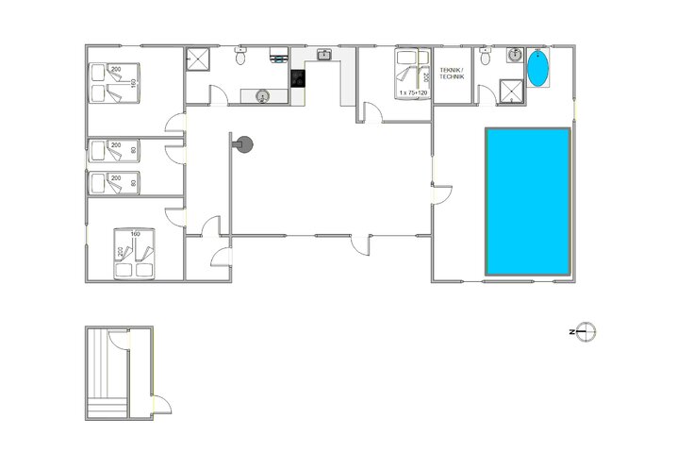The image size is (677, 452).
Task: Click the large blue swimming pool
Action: [528, 201]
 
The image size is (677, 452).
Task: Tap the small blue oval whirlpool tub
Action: [537, 70]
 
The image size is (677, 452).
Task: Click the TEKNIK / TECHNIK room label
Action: [454, 75]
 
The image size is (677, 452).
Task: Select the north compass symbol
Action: [586, 331]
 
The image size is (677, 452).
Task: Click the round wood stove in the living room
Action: [245, 144]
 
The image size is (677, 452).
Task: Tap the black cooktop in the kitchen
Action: [298, 78]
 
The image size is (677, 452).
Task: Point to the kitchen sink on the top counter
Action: [323, 55]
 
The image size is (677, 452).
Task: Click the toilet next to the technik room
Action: [485, 59]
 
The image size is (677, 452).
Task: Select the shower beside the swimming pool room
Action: [510, 91]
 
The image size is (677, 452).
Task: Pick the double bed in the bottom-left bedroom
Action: [133, 253]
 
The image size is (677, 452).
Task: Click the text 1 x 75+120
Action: [413, 93]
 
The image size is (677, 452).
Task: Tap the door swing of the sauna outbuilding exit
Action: [162, 405]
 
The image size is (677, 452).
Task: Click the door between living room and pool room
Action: [439, 193]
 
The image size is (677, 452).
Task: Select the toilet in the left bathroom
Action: [241, 58]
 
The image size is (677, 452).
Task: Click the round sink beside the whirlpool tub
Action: [515, 55]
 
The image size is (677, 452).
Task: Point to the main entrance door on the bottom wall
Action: [360, 243]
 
